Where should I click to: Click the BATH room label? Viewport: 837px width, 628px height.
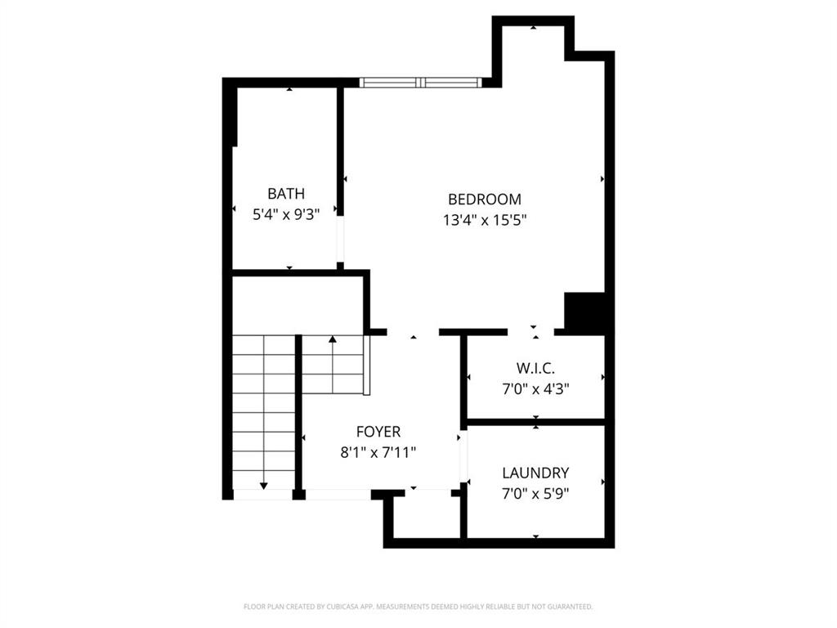[286, 194]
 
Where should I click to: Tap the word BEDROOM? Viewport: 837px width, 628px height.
[484, 199]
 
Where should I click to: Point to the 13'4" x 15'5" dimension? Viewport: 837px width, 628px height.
[484, 219]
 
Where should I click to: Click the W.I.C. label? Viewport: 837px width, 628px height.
[535, 369]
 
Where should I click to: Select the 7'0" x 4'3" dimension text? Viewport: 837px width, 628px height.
[535, 389]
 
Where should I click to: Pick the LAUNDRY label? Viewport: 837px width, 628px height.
[535, 473]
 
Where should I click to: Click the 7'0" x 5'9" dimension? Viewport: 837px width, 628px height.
[535, 493]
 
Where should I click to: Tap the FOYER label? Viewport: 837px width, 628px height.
[378, 432]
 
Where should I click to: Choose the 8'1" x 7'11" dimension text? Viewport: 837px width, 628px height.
[378, 452]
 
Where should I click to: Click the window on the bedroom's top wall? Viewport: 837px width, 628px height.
[420, 83]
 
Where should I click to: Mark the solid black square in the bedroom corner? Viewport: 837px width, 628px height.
[584, 312]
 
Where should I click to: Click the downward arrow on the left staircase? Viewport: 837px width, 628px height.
[263, 485]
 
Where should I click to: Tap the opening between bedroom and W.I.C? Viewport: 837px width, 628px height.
[531, 332]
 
